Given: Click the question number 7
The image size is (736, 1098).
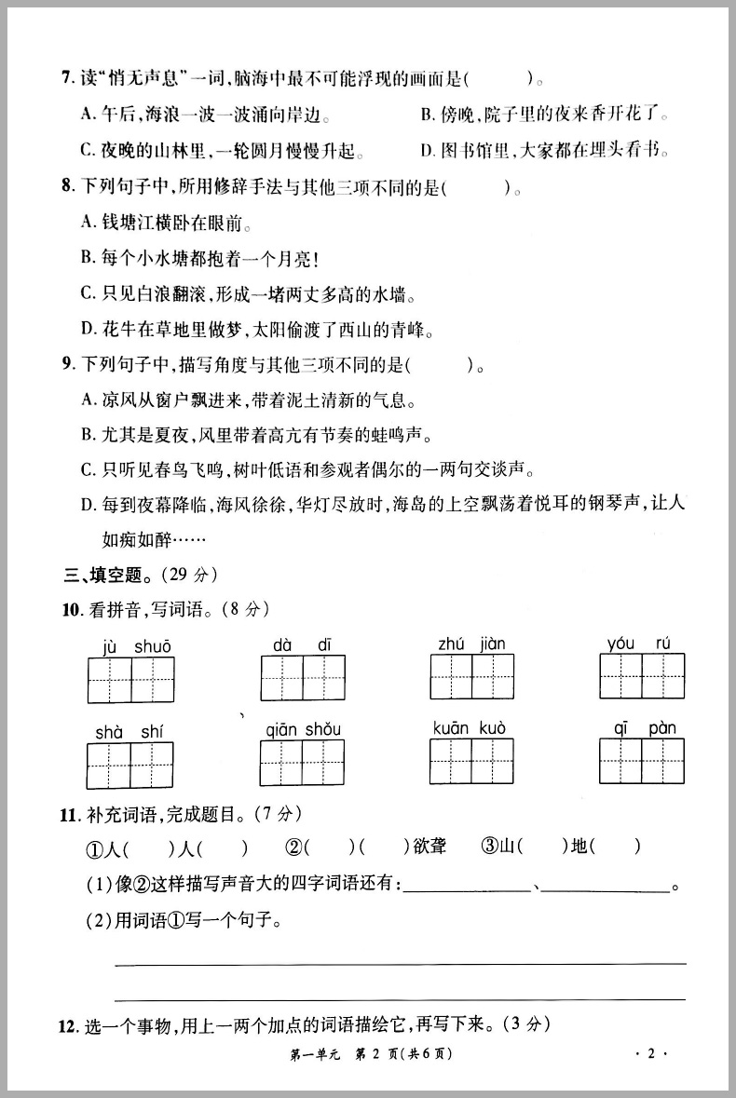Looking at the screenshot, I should pyautogui.click(x=66, y=79).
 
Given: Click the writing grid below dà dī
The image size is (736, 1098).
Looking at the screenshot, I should pyautogui.click(x=303, y=678).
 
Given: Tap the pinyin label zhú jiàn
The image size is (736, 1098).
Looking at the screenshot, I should pyautogui.click(x=471, y=644).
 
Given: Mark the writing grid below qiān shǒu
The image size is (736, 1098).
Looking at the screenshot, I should pyautogui.click(x=303, y=763).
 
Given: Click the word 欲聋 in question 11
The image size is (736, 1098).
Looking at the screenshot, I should pyautogui.click(x=429, y=847).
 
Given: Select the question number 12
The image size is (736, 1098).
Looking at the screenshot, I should pyautogui.click(x=67, y=1025).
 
